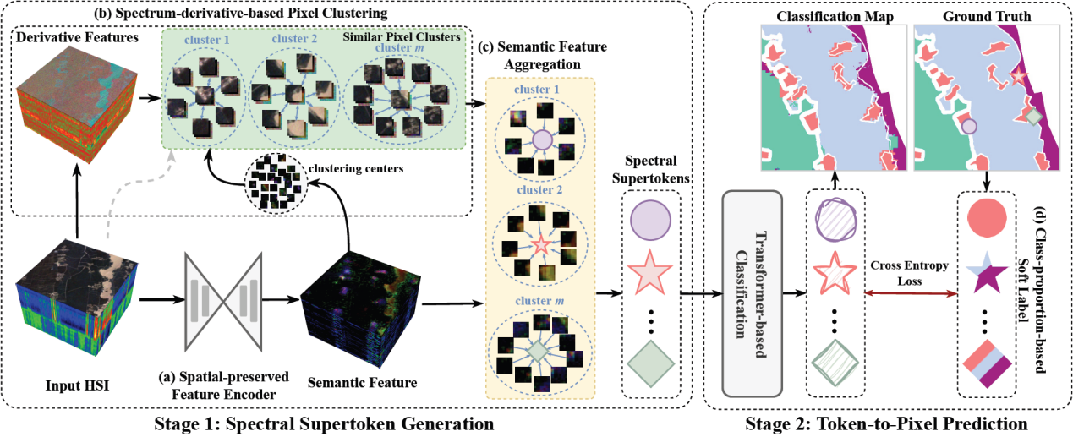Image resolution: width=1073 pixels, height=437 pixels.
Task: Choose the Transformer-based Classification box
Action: pos(752,292)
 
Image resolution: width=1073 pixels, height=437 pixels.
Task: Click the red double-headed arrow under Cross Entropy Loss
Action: pos(911,293)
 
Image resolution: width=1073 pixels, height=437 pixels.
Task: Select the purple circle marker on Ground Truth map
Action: pos(969,128)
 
